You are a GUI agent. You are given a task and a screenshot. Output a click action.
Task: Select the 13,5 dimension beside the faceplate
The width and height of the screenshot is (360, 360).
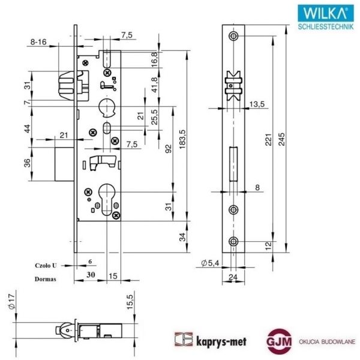coord(257,104)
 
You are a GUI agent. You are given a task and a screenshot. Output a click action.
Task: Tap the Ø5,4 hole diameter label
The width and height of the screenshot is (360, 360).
coord(209,263)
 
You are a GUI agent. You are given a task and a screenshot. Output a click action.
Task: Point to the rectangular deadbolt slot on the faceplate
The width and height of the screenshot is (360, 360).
coord(233,163)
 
